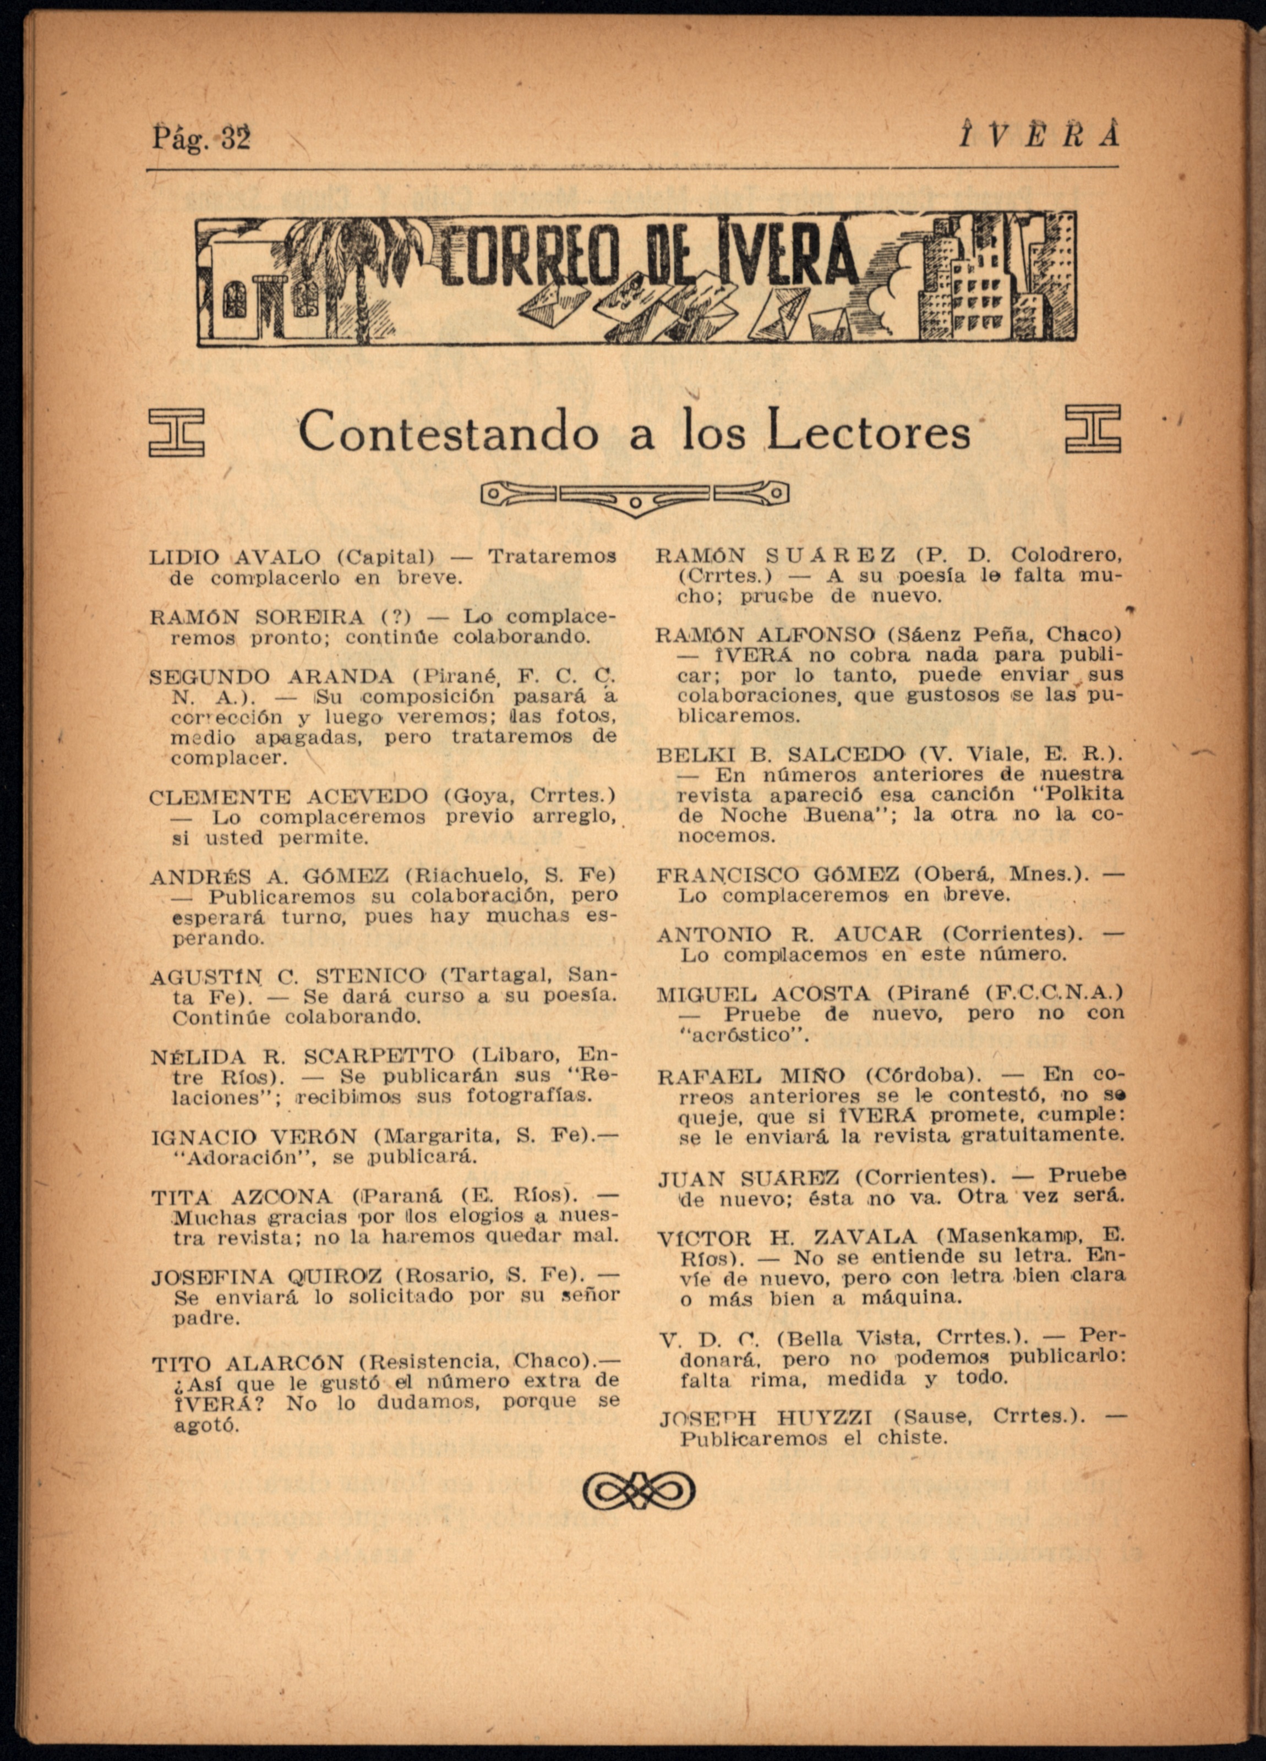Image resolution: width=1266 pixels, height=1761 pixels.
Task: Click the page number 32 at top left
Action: (x=236, y=139)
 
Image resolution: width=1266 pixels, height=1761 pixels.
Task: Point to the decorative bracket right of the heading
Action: (x=1093, y=429)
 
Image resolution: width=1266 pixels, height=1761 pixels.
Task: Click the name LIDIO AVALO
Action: (x=234, y=557)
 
